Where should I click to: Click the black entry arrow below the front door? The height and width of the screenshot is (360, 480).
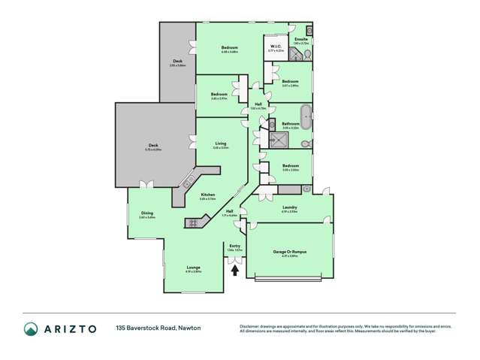click(x=235, y=270)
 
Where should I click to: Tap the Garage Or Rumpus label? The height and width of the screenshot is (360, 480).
click(x=289, y=252)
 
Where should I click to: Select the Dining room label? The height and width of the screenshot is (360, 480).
click(x=147, y=213)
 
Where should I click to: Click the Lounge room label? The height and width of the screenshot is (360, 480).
click(x=192, y=267)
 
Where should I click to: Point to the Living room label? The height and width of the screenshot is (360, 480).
click(x=220, y=143)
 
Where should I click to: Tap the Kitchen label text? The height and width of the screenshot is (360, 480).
click(x=208, y=195)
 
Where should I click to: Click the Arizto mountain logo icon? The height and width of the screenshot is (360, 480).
click(x=31, y=328)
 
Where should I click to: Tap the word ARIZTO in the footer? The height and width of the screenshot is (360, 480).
click(x=71, y=328)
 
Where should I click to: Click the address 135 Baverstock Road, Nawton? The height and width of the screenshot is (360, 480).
click(x=158, y=328)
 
